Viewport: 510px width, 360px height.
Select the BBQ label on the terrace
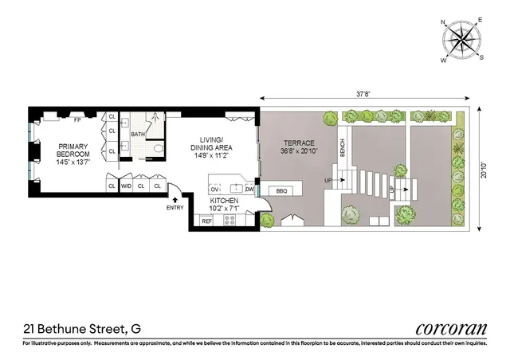pyautogui.click(x=281, y=190)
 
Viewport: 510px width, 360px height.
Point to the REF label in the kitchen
pyautogui.click(x=205, y=221)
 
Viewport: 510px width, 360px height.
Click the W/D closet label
pyautogui.click(x=126, y=186)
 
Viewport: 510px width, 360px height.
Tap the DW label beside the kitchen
pyautogui.click(x=249, y=190)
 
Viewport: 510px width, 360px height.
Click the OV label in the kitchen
pyautogui.click(x=214, y=190)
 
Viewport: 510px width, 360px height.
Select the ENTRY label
pyautogui.click(x=174, y=208)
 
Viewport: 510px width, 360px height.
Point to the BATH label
pyautogui.click(x=138, y=134)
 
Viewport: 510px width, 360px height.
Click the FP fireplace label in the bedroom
pyautogui.click(x=77, y=121)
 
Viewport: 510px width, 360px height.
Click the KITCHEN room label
pyautogui.click(x=225, y=203)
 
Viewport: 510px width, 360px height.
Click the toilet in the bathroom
pyautogui.click(x=156, y=148)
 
